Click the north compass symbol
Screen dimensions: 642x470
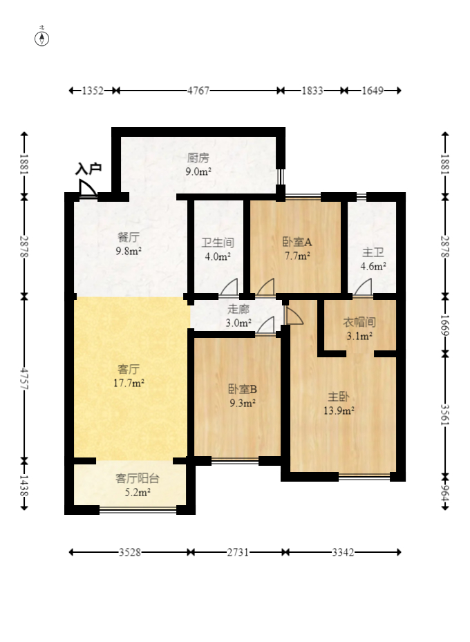click(x=42, y=38)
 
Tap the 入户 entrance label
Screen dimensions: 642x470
click(x=88, y=168)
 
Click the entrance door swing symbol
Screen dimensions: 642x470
click(x=87, y=188)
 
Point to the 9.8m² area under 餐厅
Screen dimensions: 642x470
click(x=129, y=251)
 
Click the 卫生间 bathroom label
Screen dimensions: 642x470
click(x=218, y=243)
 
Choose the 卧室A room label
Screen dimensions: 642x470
click(x=297, y=242)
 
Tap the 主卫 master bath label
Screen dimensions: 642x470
click(x=373, y=252)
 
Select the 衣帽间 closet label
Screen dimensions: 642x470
click(x=359, y=323)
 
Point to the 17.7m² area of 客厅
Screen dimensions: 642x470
click(x=131, y=382)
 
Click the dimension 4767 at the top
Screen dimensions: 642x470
click(x=198, y=91)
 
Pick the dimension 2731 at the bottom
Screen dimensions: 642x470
click(x=239, y=552)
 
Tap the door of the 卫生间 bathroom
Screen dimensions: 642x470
click(x=229, y=287)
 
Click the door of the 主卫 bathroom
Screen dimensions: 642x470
click(x=363, y=287)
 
